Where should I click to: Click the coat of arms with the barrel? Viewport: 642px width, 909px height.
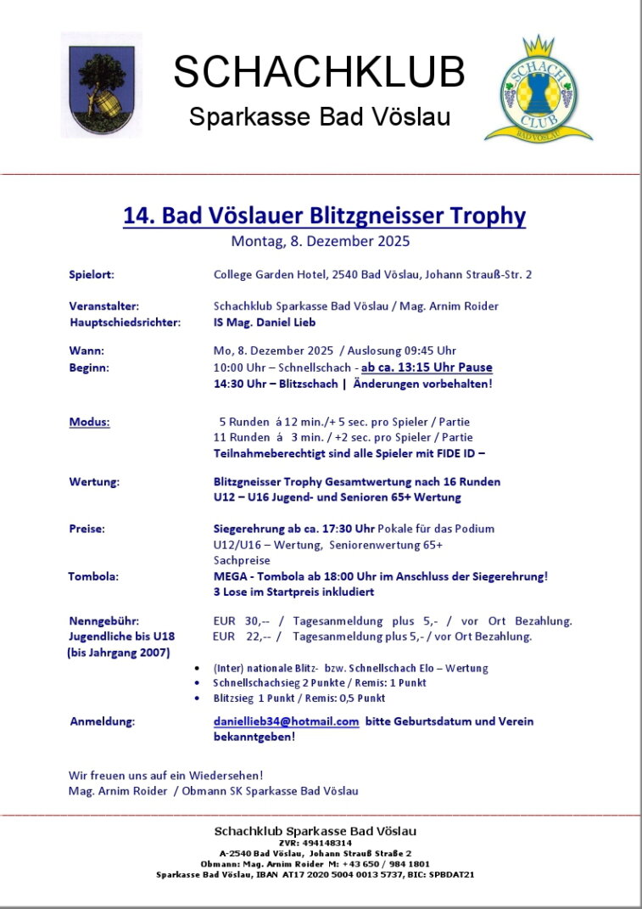pyautogui.click(x=102, y=86)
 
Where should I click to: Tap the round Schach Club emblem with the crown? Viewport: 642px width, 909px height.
pyautogui.click(x=538, y=89)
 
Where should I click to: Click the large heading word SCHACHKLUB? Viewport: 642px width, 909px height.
pyautogui.click(x=319, y=72)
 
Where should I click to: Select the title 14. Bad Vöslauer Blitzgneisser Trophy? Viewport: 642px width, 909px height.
pyautogui.click(x=324, y=216)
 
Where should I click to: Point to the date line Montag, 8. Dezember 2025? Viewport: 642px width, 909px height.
pyautogui.click(x=320, y=241)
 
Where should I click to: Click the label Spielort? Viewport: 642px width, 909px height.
pyautogui.click(x=92, y=274)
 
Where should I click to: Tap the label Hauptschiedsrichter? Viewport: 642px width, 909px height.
pyautogui.click(x=125, y=322)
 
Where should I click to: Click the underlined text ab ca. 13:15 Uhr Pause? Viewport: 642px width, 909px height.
pyautogui.click(x=427, y=368)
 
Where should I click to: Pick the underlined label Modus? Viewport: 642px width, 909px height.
pyautogui.click(x=89, y=422)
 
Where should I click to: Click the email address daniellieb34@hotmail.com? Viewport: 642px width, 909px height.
pyautogui.click(x=287, y=721)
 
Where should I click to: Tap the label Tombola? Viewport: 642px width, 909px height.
pyautogui.click(x=93, y=575)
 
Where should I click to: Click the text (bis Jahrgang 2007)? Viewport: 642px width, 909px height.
pyautogui.click(x=118, y=652)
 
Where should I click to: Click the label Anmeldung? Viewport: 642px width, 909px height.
pyautogui.click(x=102, y=721)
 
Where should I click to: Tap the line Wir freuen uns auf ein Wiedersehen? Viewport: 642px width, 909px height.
pyautogui.click(x=165, y=775)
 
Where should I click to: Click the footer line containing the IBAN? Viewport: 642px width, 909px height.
pyautogui.click(x=315, y=873)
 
